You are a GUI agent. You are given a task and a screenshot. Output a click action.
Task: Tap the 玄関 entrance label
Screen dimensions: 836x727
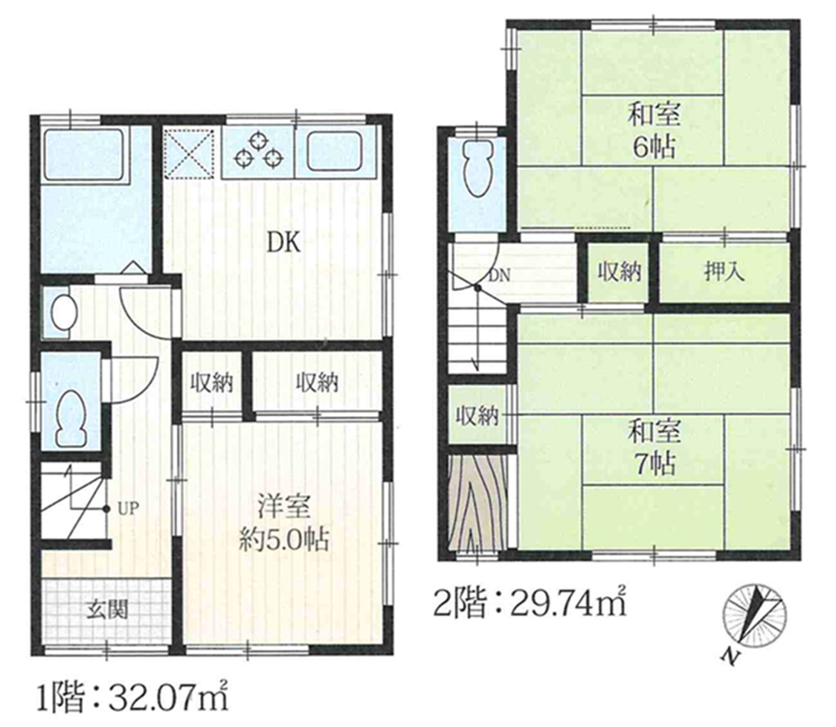109,609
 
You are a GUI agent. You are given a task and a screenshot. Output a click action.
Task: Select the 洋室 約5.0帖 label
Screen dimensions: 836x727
283,523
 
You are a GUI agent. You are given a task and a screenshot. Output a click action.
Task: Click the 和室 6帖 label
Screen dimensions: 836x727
655,131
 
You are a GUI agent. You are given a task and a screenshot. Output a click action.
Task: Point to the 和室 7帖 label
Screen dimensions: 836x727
655,447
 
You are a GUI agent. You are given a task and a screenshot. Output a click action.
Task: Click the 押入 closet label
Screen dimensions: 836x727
724,272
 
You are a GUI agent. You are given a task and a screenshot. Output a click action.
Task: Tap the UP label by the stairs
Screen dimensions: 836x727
128,508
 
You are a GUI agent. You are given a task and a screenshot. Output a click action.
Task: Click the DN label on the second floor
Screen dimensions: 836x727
499,275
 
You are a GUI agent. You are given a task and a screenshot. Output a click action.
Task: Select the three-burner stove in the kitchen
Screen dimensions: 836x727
259,151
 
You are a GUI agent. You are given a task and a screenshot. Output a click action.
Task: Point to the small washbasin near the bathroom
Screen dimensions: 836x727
63,313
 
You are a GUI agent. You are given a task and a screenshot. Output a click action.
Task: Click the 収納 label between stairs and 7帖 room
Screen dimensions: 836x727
477,415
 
